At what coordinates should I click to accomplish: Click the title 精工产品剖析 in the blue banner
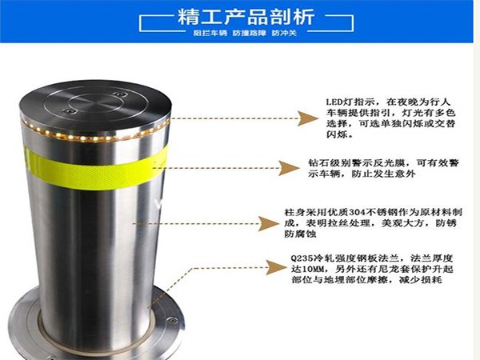(246, 17)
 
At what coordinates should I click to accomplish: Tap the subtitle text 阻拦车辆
(210, 33)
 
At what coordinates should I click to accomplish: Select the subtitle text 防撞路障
(249, 33)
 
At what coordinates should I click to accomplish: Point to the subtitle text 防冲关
(284, 33)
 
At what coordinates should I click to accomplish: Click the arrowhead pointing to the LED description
(308, 118)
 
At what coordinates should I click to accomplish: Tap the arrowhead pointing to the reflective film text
(289, 168)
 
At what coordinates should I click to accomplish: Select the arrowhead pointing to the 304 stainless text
(269, 224)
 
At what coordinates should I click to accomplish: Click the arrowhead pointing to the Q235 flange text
(276, 267)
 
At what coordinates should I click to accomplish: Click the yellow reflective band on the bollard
(95, 169)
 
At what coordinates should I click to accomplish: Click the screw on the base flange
(172, 320)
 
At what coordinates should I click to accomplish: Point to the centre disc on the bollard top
(96, 102)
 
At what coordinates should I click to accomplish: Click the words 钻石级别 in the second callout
(330, 163)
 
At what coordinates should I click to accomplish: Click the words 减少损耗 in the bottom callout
(420, 280)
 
